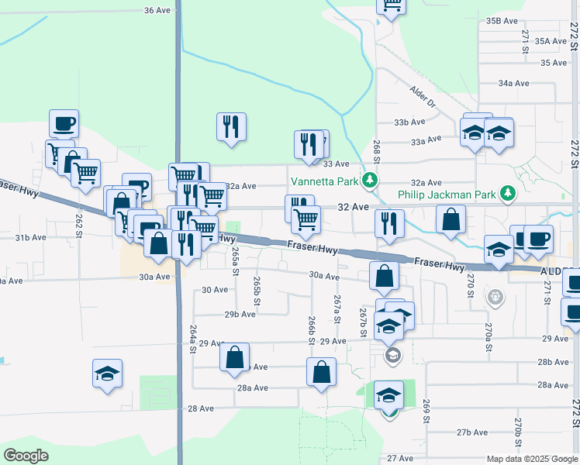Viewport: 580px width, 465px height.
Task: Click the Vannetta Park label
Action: (x=324, y=182)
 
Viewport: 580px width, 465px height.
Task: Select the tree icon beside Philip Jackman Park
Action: (x=508, y=192)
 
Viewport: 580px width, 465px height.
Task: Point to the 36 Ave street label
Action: (x=157, y=10)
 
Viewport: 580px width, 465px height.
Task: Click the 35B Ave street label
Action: (x=502, y=20)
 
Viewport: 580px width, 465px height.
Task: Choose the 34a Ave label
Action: (x=513, y=82)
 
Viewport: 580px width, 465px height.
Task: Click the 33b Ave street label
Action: (x=409, y=122)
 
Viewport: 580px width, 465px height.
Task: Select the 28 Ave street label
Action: (x=200, y=408)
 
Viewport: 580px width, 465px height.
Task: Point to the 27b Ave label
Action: (x=471, y=432)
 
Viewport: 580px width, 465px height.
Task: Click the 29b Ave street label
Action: (x=240, y=314)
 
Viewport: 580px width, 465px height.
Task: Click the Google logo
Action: (x=26, y=455)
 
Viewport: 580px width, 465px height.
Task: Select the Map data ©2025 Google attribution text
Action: (x=531, y=459)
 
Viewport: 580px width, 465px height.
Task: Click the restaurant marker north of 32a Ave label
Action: (x=231, y=126)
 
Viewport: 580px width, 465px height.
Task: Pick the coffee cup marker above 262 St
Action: (x=64, y=122)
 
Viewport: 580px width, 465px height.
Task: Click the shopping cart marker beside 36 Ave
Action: (x=392, y=5)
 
